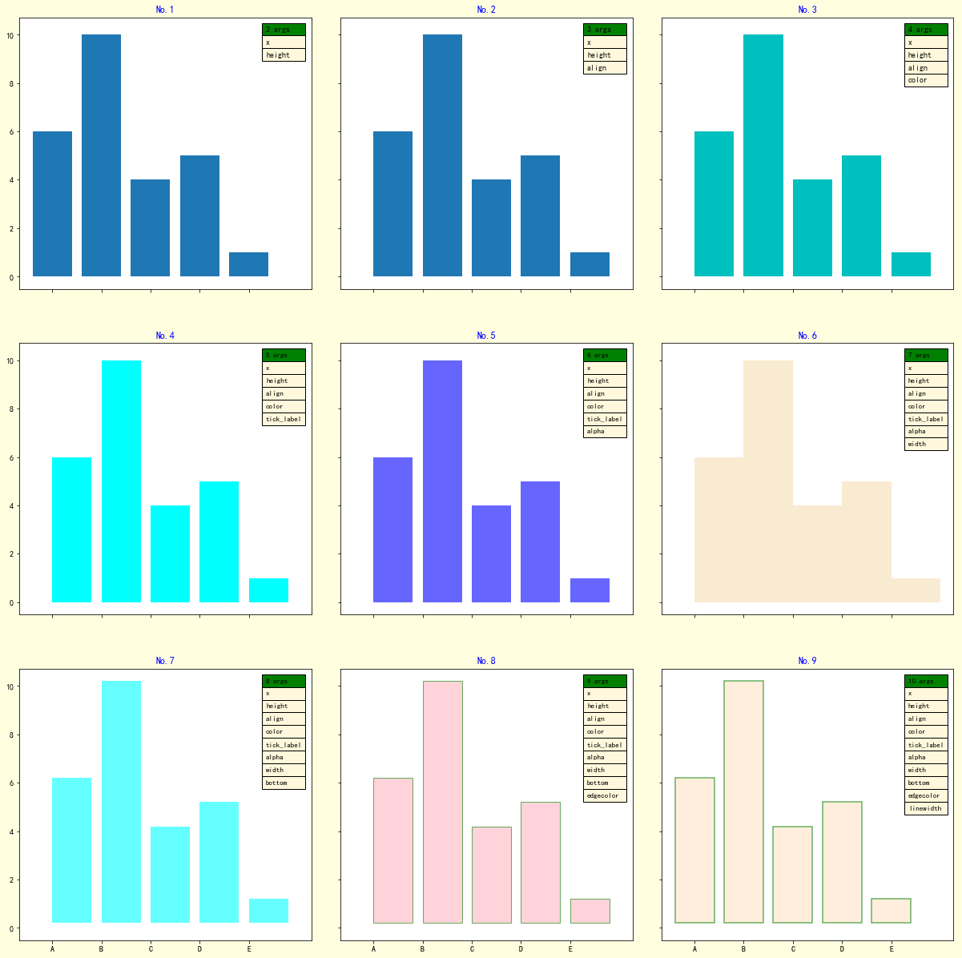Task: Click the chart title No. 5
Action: click(x=486, y=336)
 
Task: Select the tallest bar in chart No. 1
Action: click(x=101, y=155)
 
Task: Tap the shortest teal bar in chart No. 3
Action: click(x=911, y=264)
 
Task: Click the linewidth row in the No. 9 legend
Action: click(x=925, y=808)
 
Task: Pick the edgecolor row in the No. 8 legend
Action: click(x=604, y=795)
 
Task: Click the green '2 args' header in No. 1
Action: click(x=284, y=30)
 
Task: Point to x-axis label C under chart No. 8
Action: click(x=472, y=949)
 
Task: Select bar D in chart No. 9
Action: click(x=842, y=862)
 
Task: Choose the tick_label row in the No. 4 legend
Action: click(x=284, y=419)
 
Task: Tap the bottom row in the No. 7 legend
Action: click(x=284, y=783)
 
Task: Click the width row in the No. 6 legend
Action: click(x=925, y=444)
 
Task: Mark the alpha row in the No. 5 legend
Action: click(x=604, y=431)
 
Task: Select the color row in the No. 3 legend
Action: click(x=925, y=80)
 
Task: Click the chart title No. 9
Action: click(x=807, y=661)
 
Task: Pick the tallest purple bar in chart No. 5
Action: click(x=442, y=481)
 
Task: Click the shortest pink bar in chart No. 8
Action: click(x=590, y=911)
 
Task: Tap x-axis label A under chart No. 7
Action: click(x=52, y=949)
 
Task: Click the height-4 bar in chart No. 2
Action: click(x=491, y=228)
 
